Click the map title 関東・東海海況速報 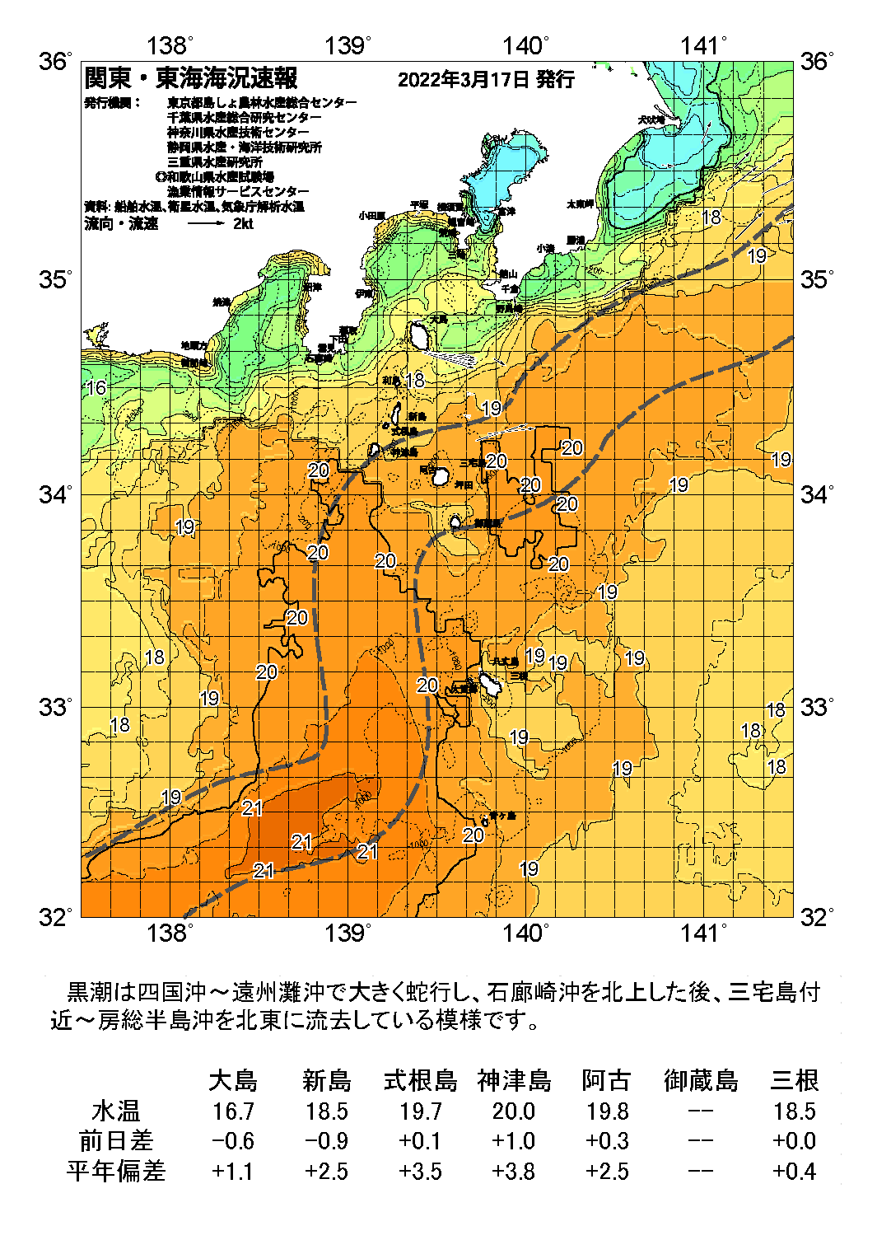[x=191, y=78]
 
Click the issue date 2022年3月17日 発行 [x=486, y=79]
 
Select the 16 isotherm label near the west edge [x=96, y=387]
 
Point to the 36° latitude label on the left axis [x=56, y=61]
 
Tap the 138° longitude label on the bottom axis [x=169, y=933]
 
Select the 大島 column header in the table [x=233, y=1080]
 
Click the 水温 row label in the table [x=116, y=1111]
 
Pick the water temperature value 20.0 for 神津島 [x=514, y=1111]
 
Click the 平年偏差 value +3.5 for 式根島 [x=420, y=1171]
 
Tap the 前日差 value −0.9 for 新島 [x=326, y=1141]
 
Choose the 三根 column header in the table [x=794, y=1080]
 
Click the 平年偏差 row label [x=116, y=1171]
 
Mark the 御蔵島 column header [x=701, y=1080]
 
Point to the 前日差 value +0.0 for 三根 [x=794, y=1141]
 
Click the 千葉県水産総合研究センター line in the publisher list [x=245, y=117]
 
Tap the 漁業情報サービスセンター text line [x=239, y=191]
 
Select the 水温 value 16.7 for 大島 [x=233, y=1111]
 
